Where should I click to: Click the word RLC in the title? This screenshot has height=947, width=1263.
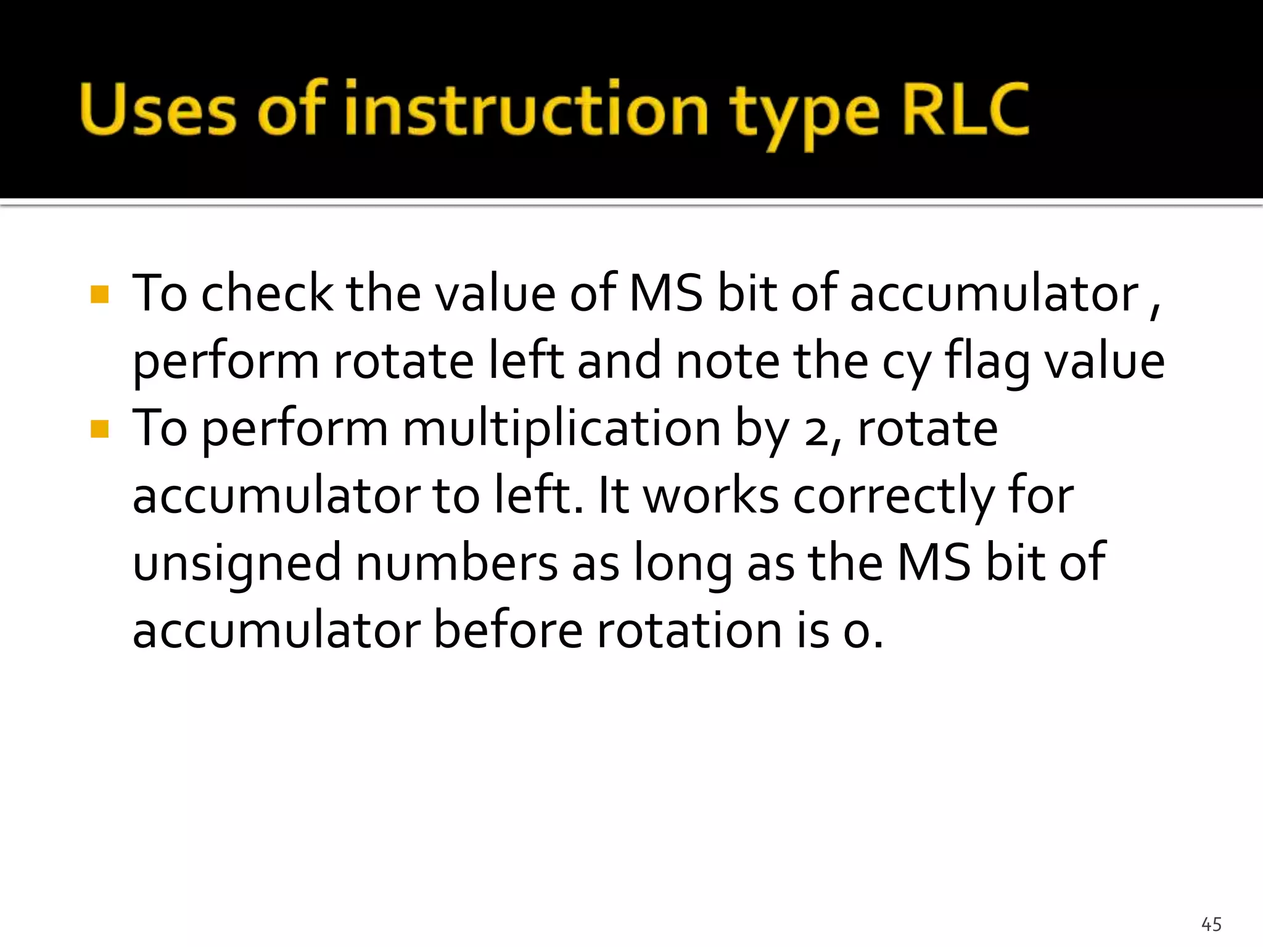pos(965,110)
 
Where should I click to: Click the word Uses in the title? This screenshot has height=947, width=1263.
pos(158,110)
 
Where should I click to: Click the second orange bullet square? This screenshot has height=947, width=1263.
pos(99,428)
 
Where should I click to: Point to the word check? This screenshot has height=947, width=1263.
pos(267,293)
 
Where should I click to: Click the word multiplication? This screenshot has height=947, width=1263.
pos(561,428)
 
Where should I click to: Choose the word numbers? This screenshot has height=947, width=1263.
pos(456,562)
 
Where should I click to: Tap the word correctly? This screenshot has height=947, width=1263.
pos(893,497)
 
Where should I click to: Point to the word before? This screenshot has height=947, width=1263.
pos(508,630)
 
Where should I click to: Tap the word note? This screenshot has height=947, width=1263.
pos(727,361)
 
